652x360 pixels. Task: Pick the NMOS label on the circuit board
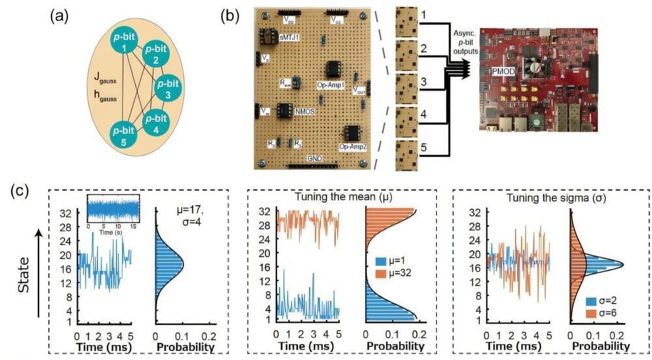click(304, 112)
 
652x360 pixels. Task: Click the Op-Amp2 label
click(354, 147)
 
